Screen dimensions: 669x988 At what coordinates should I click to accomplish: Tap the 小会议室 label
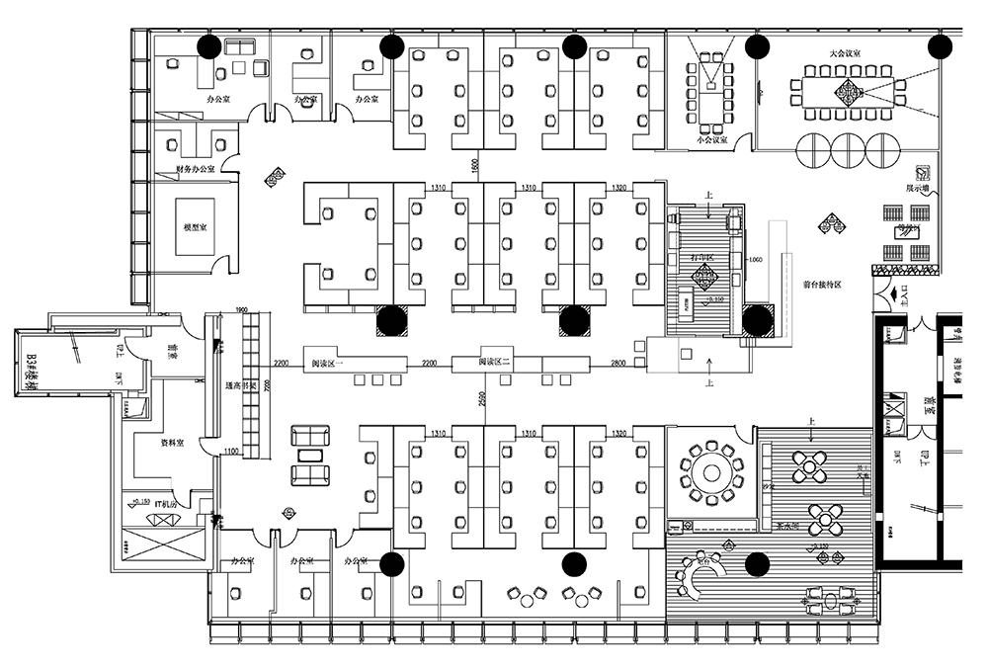[x=711, y=140]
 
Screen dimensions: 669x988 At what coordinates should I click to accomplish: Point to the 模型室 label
[x=195, y=228]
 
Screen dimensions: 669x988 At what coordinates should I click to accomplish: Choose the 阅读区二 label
[x=494, y=363]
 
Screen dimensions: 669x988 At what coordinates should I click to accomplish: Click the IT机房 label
[x=165, y=505]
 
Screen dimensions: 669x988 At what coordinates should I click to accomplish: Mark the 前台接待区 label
[x=822, y=284]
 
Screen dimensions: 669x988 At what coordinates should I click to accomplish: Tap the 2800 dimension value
[x=618, y=365]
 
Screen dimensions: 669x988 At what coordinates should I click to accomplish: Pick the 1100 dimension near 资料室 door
[x=230, y=453]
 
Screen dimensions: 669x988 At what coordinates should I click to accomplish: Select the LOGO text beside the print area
[x=756, y=259]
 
